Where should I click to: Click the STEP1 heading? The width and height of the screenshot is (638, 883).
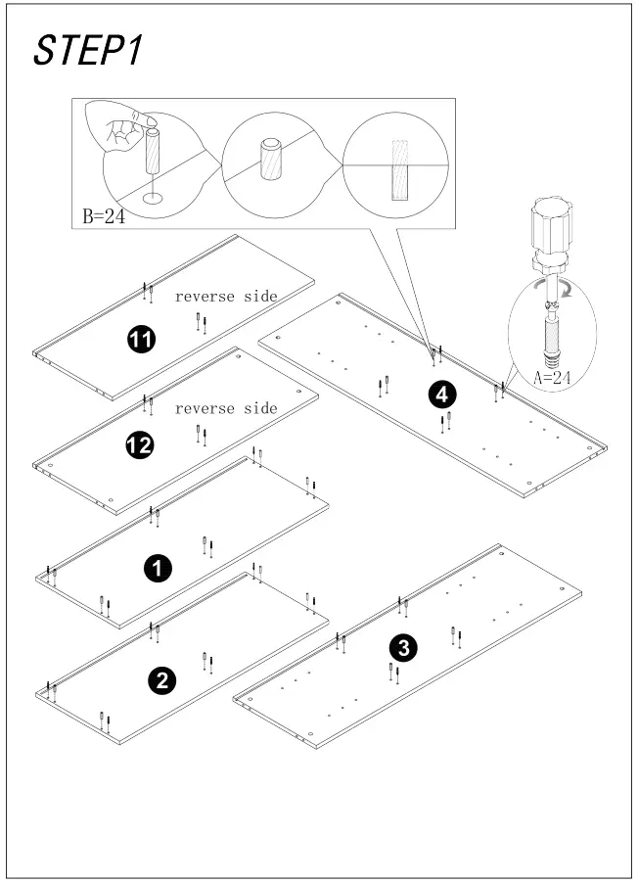(88, 51)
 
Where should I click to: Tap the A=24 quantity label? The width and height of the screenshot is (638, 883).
(551, 376)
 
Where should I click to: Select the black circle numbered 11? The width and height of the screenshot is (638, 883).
(142, 340)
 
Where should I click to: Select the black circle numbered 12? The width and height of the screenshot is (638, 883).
(140, 446)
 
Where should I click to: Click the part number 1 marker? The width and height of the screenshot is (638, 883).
(157, 567)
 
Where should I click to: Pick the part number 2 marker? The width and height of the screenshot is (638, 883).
(161, 680)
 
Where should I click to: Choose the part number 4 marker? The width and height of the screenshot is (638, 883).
(441, 395)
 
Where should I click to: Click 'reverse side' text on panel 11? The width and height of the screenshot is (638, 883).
(226, 296)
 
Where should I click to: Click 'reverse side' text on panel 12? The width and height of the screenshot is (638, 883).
(226, 408)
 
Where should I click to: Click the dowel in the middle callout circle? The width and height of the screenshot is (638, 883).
(270, 158)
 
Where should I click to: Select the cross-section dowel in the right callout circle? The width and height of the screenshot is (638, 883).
(399, 169)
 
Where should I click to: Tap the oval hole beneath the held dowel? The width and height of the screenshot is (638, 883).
(153, 200)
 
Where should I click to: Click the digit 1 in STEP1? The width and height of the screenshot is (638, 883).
(132, 51)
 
